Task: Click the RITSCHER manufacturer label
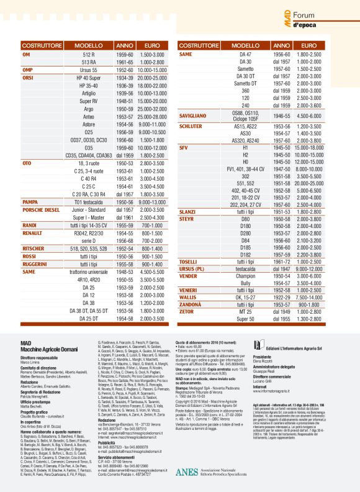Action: pos(37,248)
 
